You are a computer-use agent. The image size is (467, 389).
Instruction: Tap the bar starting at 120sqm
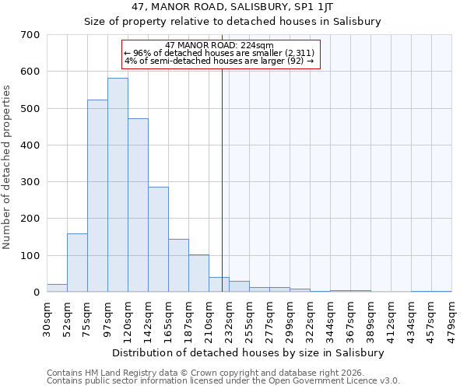tap(138, 205)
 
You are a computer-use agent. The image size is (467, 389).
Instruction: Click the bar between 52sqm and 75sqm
tap(77, 263)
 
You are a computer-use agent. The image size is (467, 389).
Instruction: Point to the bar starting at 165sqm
tap(178, 265)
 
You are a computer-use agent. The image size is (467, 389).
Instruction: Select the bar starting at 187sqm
tap(198, 273)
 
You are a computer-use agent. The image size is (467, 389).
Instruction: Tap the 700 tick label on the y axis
tap(30, 35)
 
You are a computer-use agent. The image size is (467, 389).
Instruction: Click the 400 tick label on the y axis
tap(30, 145)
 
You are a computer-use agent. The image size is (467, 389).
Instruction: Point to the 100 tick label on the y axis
tap(30, 256)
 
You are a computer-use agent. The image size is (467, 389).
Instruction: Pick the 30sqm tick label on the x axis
tap(47, 318)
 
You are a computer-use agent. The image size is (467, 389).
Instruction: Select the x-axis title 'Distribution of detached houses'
tap(248, 352)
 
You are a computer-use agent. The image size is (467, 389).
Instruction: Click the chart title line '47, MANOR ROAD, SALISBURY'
tap(233, 7)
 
